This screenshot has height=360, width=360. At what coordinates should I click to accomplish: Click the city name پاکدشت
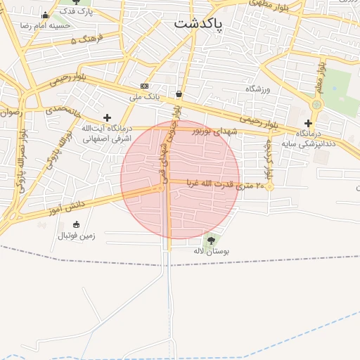coord(198,24)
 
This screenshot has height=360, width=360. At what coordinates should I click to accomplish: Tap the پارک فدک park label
coord(75,12)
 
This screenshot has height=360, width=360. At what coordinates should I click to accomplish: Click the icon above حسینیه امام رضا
coord(46,15)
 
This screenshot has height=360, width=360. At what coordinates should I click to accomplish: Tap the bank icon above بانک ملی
coord(145,86)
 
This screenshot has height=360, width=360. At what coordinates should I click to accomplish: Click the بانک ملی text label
coord(148,96)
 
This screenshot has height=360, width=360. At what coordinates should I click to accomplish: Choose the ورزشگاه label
coord(257,89)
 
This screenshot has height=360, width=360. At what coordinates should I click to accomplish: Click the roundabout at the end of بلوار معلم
coord(316,105)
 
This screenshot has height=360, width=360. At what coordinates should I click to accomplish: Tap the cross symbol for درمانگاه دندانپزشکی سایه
coord(308,123)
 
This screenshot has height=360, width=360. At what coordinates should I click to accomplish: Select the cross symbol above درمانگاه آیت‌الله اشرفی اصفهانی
coord(107,117)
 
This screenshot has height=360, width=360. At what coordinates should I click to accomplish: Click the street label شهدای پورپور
coord(205,131)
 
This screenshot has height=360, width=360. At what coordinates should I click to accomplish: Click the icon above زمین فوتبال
coord(77,225)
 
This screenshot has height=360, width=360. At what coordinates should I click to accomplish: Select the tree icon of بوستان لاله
coord(212,240)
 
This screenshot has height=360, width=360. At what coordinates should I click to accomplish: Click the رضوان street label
coord(11,112)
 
